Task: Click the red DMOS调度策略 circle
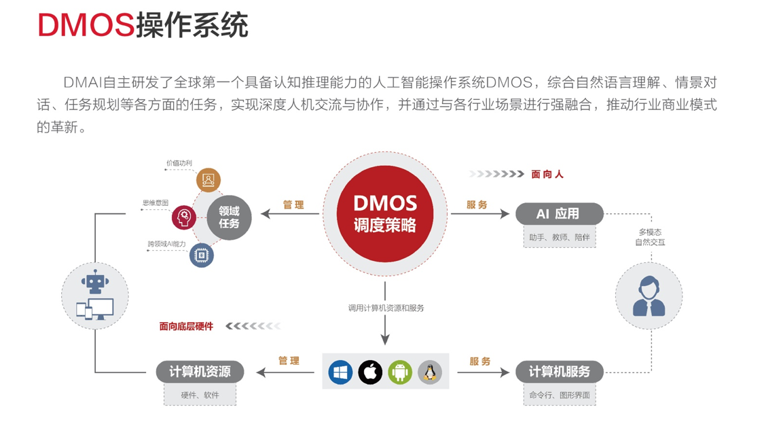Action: (384, 214)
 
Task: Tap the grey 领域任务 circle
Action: (229, 217)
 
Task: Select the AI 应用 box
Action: (558, 214)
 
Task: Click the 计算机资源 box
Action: (200, 372)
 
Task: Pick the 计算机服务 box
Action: (559, 372)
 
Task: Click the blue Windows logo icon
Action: (340, 372)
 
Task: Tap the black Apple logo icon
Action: (370, 372)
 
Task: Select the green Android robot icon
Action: (400, 372)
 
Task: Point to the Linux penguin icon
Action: (429, 372)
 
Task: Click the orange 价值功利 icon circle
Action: (208, 180)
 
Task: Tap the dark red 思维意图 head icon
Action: (183, 217)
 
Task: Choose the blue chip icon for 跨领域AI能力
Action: (201, 255)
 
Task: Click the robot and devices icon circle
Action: (95, 296)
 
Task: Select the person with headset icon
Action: (649, 296)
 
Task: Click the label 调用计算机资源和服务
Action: (386, 308)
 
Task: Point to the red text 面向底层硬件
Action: (186, 327)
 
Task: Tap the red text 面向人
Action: (547, 175)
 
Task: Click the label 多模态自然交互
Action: (650, 237)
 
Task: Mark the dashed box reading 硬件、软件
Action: (200, 395)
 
